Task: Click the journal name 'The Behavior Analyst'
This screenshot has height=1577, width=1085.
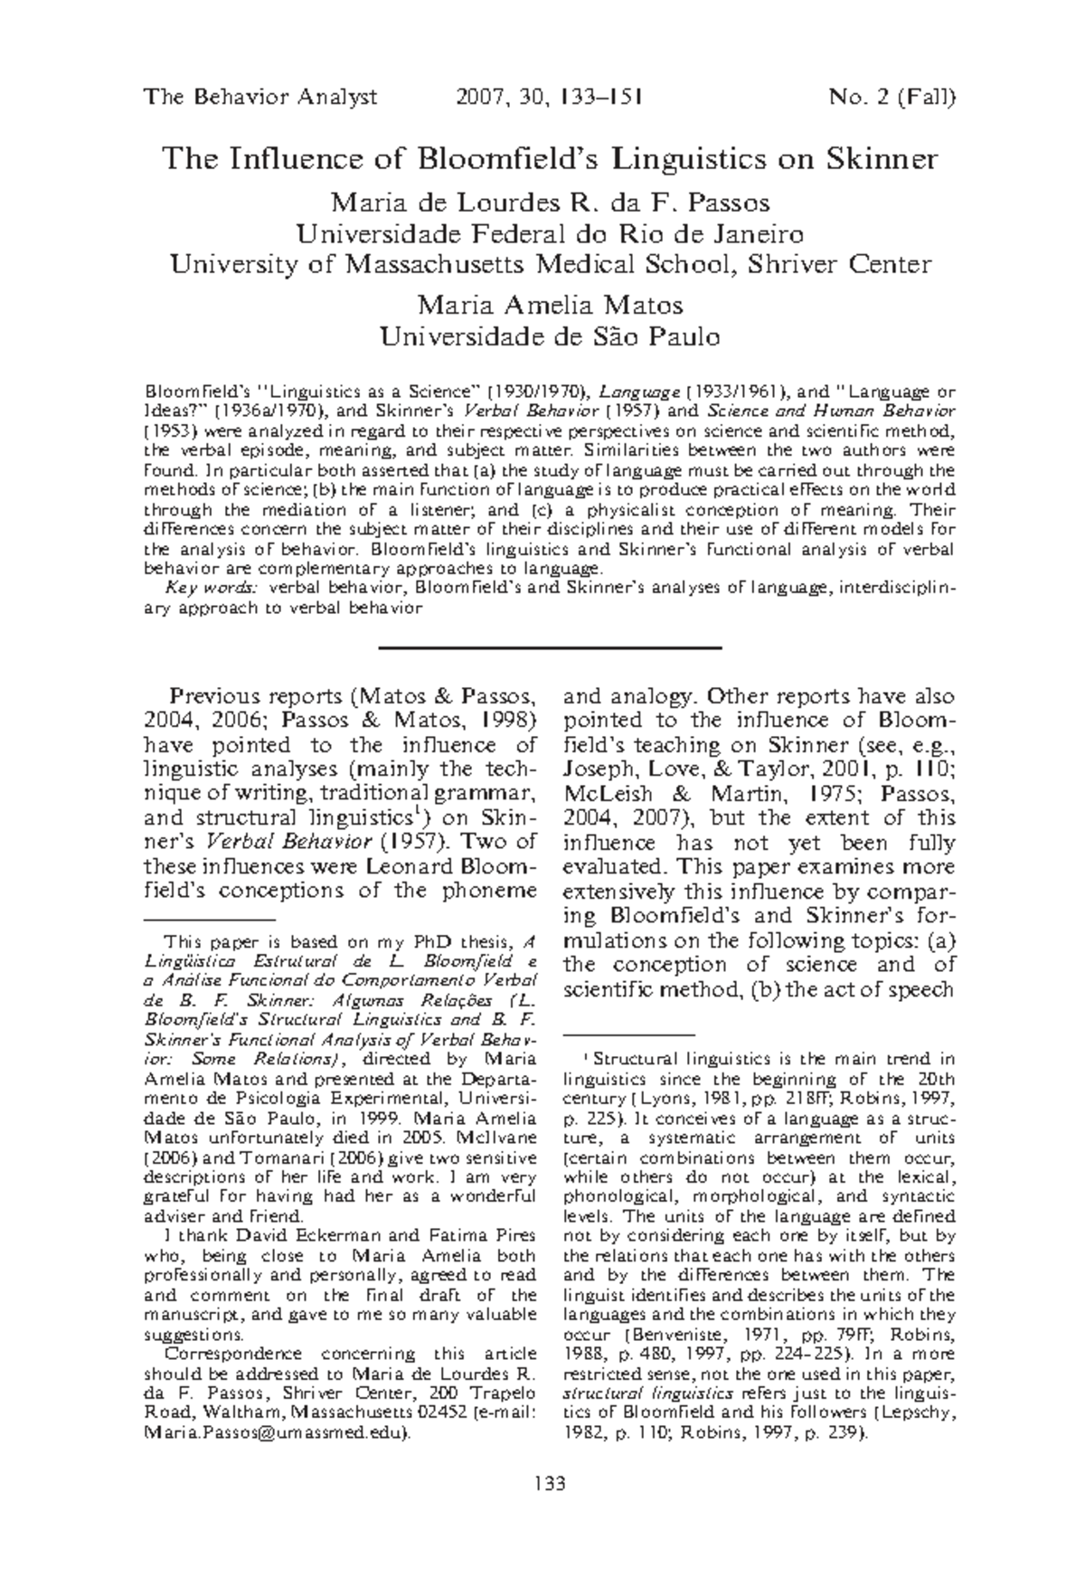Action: click(259, 98)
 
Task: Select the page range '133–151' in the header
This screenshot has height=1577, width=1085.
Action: click(598, 98)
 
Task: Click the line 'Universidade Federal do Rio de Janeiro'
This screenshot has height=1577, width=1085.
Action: click(550, 234)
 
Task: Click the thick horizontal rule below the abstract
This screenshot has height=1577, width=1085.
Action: click(550, 647)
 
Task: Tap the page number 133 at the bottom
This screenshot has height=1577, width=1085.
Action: click(550, 1484)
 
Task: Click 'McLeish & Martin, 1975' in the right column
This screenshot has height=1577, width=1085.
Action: click(669, 794)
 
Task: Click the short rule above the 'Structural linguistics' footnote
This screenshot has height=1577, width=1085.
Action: click(627, 1033)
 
